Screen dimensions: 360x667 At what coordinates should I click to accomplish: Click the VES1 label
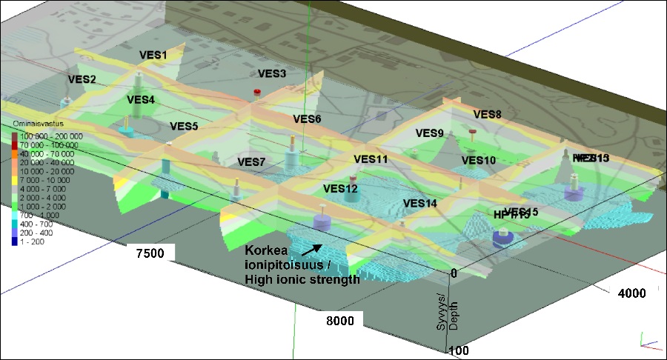coord(153,56)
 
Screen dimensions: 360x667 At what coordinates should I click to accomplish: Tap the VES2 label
coord(82,79)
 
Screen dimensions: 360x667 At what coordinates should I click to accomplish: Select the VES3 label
coord(272,73)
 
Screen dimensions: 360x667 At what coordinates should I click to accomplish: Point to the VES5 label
coord(184,127)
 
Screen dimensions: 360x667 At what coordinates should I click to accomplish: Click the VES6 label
coord(307,119)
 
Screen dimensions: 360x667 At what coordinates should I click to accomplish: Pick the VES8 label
coord(487,114)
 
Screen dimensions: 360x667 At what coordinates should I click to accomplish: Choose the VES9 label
coord(429,133)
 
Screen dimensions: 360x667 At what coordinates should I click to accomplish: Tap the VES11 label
coord(371,159)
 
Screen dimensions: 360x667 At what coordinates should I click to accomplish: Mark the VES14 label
coord(420,203)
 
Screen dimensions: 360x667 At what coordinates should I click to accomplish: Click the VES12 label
coord(340,189)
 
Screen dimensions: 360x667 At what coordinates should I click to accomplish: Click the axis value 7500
coord(150,253)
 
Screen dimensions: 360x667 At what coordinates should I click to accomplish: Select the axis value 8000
coord(337,321)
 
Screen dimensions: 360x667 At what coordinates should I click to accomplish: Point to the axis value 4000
coord(631,293)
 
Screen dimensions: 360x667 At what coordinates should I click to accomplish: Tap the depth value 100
coord(457,350)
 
